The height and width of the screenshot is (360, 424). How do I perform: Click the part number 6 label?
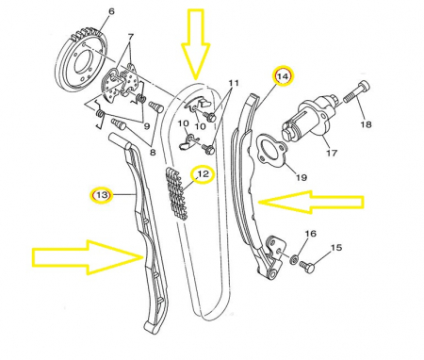[x=111, y=11]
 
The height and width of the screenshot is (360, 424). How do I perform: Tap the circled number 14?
[x=284, y=76]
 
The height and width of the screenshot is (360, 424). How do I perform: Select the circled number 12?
[x=203, y=174]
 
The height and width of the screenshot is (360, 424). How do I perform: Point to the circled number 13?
[x=102, y=195]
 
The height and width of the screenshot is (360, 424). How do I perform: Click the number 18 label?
[x=366, y=124]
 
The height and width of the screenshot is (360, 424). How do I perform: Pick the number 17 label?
[x=332, y=153]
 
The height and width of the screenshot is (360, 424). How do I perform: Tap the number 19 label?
[x=302, y=177]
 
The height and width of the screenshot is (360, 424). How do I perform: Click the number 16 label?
[x=311, y=234]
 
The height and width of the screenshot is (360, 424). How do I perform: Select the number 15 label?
[x=336, y=248]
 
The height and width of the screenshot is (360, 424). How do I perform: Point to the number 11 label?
[x=234, y=83]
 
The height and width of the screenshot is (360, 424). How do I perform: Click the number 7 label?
[x=130, y=38]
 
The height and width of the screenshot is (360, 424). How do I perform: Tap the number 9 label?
[x=147, y=126]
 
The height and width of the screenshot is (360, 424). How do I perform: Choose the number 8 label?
[x=153, y=153]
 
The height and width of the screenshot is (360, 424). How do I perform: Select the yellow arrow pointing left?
[x=311, y=202]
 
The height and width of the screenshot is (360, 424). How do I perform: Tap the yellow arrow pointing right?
[x=88, y=257]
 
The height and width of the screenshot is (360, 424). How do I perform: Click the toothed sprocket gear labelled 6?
[x=83, y=61]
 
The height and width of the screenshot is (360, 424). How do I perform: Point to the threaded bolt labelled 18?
[x=356, y=91]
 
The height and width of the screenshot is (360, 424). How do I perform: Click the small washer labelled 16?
[x=294, y=259]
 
